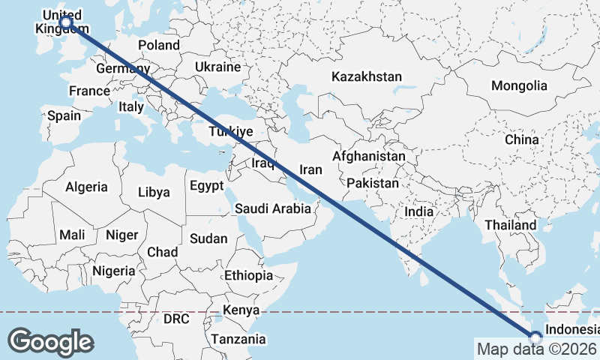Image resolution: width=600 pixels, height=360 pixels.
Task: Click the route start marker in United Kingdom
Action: [65, 22]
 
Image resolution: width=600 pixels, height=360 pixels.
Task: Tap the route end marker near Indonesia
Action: [535, 337]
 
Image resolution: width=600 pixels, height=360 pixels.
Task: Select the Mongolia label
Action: [519, 85]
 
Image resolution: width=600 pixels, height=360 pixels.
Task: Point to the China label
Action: [521, 139]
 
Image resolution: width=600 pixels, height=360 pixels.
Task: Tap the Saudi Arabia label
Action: [272, 208]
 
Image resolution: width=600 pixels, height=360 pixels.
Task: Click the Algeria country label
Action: [86, 187]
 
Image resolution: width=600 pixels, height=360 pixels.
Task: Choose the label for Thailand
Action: [510, 225]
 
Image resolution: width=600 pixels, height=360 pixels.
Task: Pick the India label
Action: [418, 211]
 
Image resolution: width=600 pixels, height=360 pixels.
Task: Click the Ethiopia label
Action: [248, 275]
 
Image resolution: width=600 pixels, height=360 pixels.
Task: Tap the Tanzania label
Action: [238, 339]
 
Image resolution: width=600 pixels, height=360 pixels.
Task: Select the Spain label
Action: [64, 115]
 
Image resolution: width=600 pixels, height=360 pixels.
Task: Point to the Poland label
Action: [159, 45]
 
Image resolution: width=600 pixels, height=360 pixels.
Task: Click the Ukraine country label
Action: [217, 67]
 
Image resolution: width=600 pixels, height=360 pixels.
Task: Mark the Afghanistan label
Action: [369, 157]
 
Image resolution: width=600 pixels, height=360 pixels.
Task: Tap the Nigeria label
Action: [114, 270]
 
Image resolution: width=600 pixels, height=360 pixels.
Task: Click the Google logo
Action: [50, 342]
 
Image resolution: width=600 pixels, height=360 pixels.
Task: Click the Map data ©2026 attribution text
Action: [535, 349]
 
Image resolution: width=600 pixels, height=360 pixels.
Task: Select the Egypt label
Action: [205, 185]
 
